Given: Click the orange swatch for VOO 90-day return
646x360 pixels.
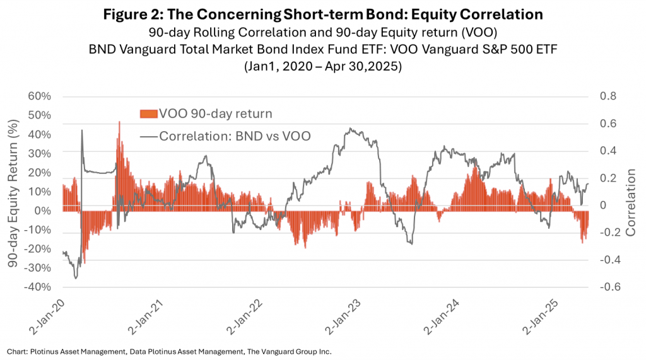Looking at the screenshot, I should coord(148,113).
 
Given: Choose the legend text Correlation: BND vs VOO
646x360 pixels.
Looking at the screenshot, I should coord(235,136).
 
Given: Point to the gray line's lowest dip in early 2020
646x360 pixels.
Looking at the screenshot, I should coord(76,277).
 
